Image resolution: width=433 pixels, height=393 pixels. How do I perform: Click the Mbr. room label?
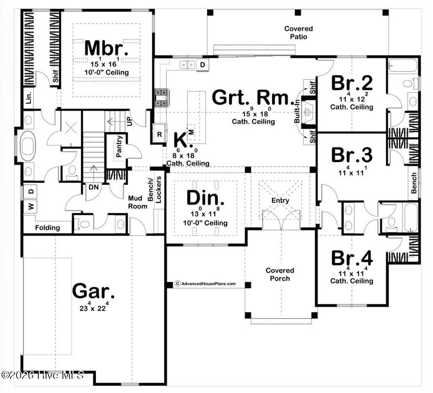click(106, 48)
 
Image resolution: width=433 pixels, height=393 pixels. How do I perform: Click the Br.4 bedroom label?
click(352, 258)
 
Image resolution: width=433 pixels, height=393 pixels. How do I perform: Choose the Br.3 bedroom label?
click(352, 155)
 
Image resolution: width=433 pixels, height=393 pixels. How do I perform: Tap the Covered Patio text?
click(299, 33)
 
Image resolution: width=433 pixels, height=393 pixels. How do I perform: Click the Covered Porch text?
click(280, 274)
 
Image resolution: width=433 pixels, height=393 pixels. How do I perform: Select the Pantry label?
click(120, 147)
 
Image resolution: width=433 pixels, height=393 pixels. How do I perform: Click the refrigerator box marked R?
click(159, 134)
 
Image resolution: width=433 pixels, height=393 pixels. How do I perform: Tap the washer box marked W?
click(31, 206)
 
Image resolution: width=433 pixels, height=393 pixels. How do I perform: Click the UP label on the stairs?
click(130, 122)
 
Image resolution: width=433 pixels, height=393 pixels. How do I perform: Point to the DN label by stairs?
click(93, 186)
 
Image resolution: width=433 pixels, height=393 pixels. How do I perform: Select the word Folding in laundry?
click(47, 227)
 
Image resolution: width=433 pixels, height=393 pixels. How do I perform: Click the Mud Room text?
click(138, 202)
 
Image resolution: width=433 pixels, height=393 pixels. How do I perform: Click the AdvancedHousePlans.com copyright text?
click(206, 284)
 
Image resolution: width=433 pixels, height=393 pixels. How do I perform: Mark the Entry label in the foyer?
click(280, 200)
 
